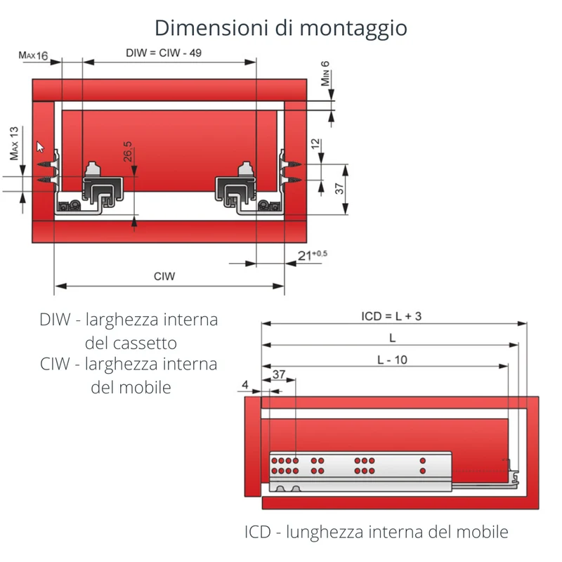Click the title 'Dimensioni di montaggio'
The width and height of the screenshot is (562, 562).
click(280, 29)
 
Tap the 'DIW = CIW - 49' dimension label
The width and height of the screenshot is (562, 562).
click(164, 53)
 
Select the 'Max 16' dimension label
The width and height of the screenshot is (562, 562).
click(33, 55)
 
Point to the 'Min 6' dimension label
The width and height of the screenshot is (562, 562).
click(325, 74)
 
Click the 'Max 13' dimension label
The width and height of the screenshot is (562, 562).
click(14, 143)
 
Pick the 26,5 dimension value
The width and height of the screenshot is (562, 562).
click(128, 151)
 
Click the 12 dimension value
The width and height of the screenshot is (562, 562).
click(315, 144)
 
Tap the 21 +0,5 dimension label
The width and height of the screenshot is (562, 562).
click(312, 255)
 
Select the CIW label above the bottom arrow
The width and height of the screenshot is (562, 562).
click(164, 276)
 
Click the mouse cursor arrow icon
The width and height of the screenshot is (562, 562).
click(40, 147)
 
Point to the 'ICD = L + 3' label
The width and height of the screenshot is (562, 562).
click(391, 317)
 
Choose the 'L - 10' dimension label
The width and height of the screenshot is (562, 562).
click(393, 360)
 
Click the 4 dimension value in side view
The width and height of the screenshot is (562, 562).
click(245, 384)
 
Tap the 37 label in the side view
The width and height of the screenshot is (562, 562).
click(279, 374)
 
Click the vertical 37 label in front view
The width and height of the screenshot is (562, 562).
click(339, 188)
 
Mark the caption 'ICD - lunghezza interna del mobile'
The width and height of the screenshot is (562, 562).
click(377, 532)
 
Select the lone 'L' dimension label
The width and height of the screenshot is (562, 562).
click(393, 338)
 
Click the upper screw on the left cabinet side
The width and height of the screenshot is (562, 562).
click(47, 164)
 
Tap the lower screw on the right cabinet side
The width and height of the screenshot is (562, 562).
click(291, 180)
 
